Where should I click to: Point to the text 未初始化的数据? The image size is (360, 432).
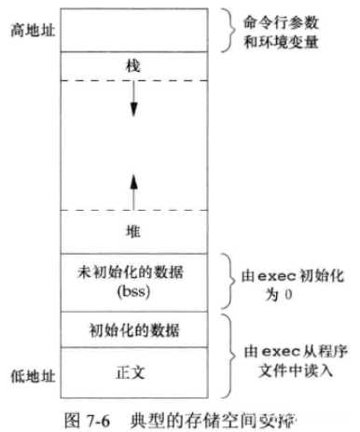pyautogui.click(x=134, y=272)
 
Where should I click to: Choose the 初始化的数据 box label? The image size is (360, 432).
pyautogui.click(x=134, y=330)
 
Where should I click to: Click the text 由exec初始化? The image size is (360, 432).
pyautogui.click(x=298, y=272)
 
